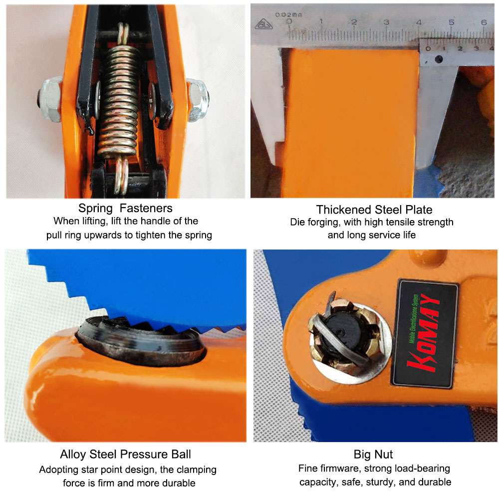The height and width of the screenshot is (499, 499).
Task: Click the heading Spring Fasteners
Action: pos(125,208)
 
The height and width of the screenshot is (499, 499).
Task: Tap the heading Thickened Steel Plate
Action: pos(374,210)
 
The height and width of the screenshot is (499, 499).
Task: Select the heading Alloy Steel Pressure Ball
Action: pos(125,454)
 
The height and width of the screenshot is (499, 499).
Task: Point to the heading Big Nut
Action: pos(373,454)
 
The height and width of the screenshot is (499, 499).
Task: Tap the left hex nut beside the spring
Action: pos(49,99)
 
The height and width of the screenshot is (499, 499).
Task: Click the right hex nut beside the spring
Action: pos(198,100)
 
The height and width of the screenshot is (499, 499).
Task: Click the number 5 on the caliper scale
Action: pos(451,22)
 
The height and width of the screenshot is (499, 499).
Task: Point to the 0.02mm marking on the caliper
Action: pos(288,14)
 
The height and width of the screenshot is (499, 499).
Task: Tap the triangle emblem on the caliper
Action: pos(263,24)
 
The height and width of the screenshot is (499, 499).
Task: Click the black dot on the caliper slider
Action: pos(439,59)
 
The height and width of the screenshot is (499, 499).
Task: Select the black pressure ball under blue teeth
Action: pos(140,340)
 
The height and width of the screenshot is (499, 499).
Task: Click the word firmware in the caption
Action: pos(340,469)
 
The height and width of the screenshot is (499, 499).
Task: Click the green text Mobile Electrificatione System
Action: pos(414,318)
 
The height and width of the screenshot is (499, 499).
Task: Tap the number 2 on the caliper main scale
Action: pos(354,22)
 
